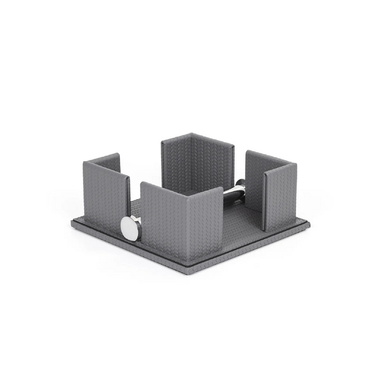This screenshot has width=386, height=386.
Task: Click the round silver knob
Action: pos(130,227)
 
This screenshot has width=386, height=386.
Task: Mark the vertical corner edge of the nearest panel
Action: pos(187,223)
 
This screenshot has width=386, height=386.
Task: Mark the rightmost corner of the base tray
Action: pos(309,225)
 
